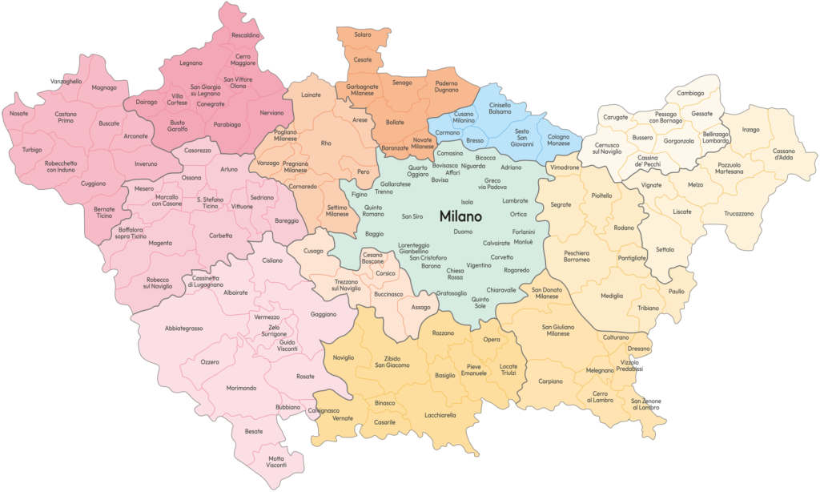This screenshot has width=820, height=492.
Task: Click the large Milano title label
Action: [x=460, y=216]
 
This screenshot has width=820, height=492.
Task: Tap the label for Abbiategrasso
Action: [x=183, y=329]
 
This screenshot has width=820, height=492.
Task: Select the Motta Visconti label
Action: [x=276, y=462]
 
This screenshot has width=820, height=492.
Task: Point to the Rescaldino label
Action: [x=245, y=35]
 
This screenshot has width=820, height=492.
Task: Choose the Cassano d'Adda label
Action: [x=784, y=154]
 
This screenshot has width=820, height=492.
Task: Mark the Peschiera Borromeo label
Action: [x=577, y=256]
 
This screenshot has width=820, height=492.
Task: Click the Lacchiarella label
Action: [x=440, y=415]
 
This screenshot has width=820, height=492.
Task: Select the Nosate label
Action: [x=19, y=114]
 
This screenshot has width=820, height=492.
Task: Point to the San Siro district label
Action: [x=412, y=216]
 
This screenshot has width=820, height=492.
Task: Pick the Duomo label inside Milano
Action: [x=463, y=232]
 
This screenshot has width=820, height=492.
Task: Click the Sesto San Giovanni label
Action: [x=521, y=137]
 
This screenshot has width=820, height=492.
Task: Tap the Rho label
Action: [x=326, y=143]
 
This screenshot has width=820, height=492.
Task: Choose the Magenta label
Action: [x=159, y=243]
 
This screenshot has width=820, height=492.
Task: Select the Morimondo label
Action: [x=241, y=388]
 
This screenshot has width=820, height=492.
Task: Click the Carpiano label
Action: [x=551, y=381]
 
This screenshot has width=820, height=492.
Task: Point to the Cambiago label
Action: [x=690, y=93]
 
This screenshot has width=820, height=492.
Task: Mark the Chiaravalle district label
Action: [x=501, y=290]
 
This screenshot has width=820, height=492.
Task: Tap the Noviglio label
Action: [x=344, y=357]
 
